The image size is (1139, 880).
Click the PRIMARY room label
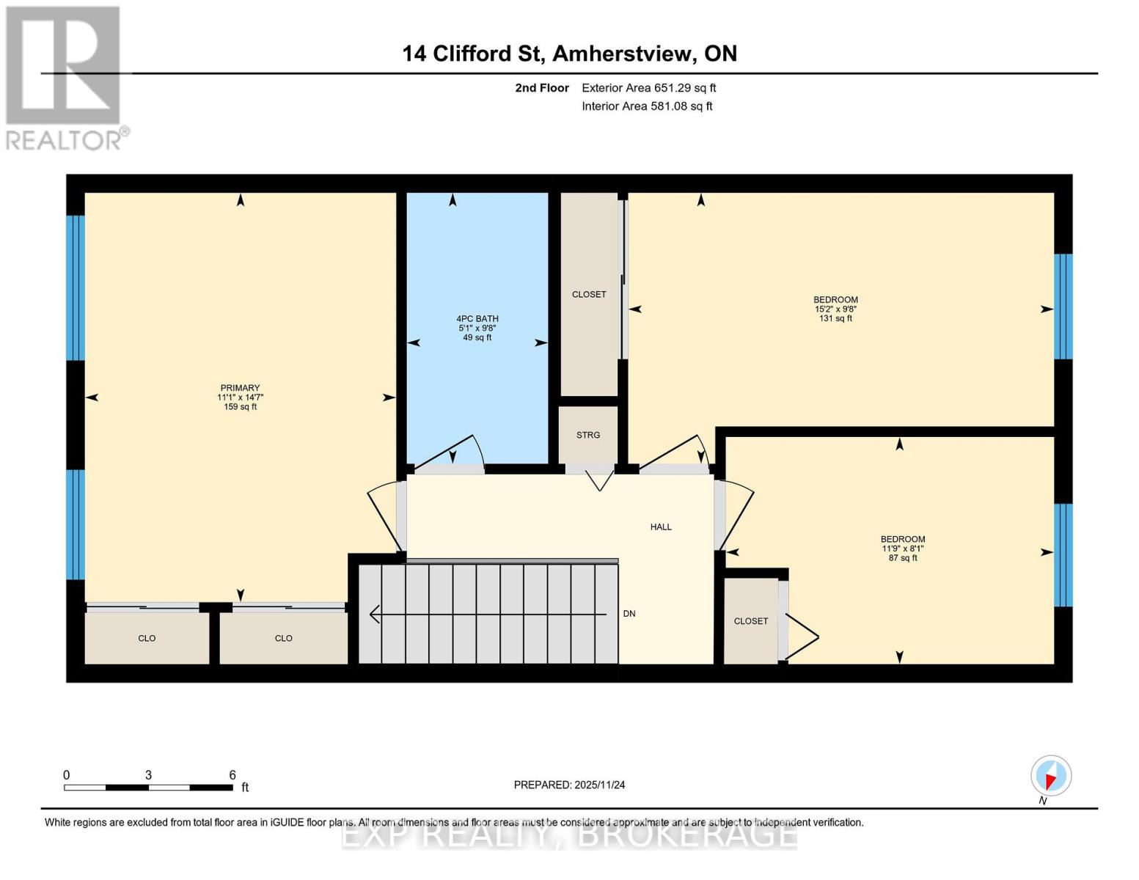click(x=240, y=388)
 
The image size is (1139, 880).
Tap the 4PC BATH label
click(x=477, y=319)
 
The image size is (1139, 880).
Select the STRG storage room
click(x=588, y=435)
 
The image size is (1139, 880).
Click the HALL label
click(x=660, y=527)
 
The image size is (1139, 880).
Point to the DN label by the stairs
click(x=629, y=614)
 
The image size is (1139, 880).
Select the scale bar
click(x=148, y=788)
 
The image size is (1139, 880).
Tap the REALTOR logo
click(x=64, y=77)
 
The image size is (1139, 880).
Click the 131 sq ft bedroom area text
click(x=835, y=319)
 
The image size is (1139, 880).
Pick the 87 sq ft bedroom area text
click(x=902, y=558)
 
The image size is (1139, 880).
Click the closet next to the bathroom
click(x=589, y=294)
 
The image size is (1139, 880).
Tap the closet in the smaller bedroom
click(x=750, y=621)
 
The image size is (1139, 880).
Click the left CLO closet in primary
click(x=147, y=638)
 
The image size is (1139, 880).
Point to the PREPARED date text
click(x=569, y=785)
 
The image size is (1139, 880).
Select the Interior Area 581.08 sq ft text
click(x=647, y=106)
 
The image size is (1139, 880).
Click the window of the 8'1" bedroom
click(x=1063, y=555)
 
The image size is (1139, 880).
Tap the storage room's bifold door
click(x=599, y=478)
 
